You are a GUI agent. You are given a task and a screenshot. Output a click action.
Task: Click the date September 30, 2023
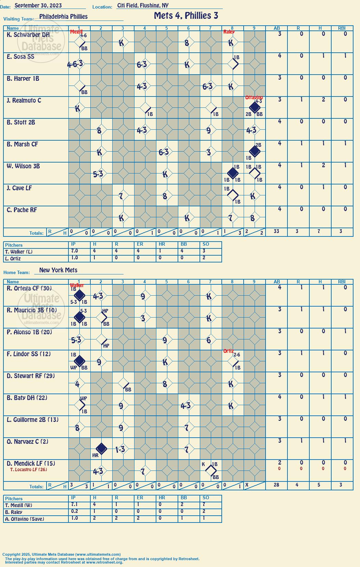point(38,5)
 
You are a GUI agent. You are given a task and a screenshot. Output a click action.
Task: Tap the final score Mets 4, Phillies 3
point(186,16)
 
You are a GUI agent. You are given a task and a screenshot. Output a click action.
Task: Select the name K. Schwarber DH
point(28,35)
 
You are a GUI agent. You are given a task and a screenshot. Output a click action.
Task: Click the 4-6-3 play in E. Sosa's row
point(75,64)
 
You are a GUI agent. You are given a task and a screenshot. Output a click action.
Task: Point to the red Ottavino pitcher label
point(254,98)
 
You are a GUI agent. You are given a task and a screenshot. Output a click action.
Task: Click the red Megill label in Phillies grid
point(76,31)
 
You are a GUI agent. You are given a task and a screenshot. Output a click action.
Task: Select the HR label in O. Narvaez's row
point(95,455)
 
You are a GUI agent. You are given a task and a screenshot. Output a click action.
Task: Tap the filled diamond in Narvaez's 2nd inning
point(102,449)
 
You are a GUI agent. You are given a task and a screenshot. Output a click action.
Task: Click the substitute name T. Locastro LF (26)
point(29,469)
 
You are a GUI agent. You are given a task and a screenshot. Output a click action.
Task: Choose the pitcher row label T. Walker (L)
point(19,252)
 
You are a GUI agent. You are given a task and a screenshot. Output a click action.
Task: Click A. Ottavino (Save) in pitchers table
point(25,519)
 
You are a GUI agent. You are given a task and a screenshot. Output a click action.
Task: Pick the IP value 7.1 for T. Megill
point(75,504)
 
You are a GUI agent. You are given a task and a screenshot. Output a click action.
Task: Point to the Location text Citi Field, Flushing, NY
point(143,5)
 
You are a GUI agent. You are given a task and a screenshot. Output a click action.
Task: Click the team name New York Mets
point(58,270)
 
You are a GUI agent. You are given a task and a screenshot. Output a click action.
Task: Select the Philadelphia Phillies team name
point(63,16)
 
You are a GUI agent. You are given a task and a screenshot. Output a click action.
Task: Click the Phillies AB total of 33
point(277,231)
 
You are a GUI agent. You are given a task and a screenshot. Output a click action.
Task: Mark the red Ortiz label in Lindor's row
point(228,351)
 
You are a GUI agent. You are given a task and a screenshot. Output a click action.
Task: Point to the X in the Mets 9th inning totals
point(247,485)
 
